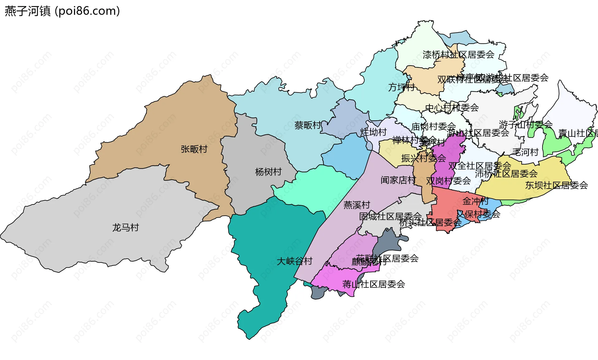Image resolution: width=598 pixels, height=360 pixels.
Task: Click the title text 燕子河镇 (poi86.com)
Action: pyautogui.click(x=62, y=11)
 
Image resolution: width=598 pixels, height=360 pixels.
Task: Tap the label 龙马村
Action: pyautogui.click(x=126, y=228)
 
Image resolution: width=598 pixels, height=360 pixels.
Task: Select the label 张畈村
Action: pyautogui.click(x=194, y=149)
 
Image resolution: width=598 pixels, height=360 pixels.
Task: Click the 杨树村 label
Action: pyautogui.click(x=268, y=172)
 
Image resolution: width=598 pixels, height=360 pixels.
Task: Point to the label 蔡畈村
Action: pyautogui.click(x=308, y=125)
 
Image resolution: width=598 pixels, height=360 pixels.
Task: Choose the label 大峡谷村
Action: pyautogui.click(x=295, y=261)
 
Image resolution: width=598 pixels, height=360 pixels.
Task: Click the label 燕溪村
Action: pyautogui.click(x=357, y=205)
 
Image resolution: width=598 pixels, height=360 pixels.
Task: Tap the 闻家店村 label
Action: pyautogui.click(x=398, y=180)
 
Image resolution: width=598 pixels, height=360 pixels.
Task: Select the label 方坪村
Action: pyautogui.click(x=401, y=87)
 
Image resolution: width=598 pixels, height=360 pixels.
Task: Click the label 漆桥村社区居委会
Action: pyautogui.click(x=458, y=55)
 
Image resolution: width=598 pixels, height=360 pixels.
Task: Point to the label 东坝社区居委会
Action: pyautogui.click(x=557, y=185)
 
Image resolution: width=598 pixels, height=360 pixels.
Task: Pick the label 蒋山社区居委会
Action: pyautogui.click(x=374, y=284)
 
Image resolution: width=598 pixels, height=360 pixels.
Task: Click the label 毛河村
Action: pyautogui.click(x=525, y=152)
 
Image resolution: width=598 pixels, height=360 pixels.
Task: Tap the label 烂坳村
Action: pyautogui.click(x=373, y=132)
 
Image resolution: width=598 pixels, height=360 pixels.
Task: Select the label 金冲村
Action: pyautogui.click(x=475, y=201)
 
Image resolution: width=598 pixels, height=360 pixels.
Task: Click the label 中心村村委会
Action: pyautogui.click(x=452, y=108)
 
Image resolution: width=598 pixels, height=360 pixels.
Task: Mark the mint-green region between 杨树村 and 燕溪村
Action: pyautogui.click(x=321, y=187)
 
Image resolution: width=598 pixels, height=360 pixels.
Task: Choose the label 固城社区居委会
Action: pyautogui.click(x=390, y=216)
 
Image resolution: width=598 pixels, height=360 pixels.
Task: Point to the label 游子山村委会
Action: pyautogui.click(x=526, y=125)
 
